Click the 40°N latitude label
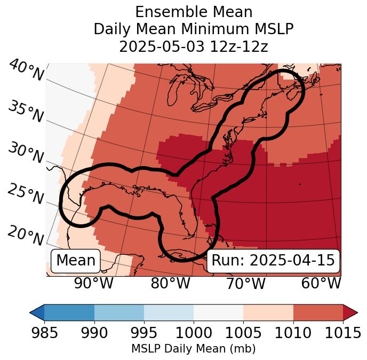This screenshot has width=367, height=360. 26,71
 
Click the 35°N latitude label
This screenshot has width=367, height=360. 26,111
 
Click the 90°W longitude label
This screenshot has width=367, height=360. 93,283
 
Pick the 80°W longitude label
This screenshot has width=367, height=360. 170,283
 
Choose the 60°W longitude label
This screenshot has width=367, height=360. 321,283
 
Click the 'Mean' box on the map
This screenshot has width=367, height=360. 76,261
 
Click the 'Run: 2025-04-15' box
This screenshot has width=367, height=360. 273,261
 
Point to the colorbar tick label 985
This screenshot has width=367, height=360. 44,333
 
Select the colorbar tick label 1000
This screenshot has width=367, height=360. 194,333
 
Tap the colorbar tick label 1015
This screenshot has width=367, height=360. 343,333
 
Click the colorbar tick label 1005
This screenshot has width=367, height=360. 243,333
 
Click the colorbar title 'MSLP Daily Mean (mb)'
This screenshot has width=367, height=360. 194,349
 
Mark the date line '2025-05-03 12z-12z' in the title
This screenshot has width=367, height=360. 194,46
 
